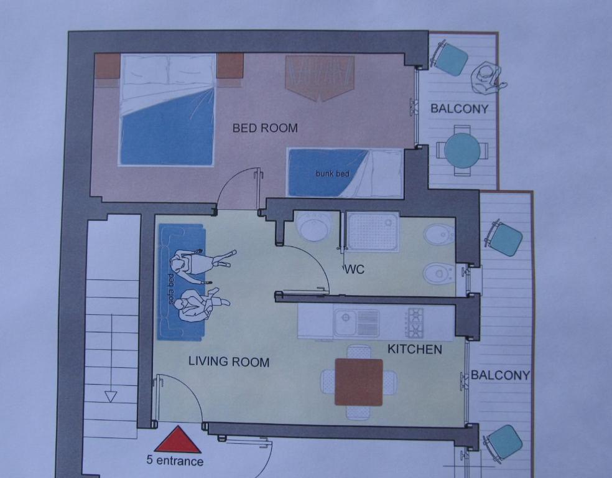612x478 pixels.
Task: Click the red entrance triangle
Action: [x=178, y=441]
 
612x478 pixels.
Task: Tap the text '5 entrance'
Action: [x=175, y=461]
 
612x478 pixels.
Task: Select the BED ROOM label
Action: [x=265, y=128]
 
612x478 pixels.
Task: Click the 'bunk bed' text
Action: [x=333, y=173]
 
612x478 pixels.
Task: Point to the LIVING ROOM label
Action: [x=229, y=361]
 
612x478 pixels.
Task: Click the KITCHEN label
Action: [x=414, y=349]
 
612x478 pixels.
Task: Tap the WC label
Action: [x=355, y=269]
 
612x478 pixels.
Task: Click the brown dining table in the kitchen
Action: [x=359, y=382]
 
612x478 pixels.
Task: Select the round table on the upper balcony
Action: [x=463, y=151]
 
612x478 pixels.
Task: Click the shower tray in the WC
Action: [x=373, y=231]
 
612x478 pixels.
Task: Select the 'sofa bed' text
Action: [x=170, y=289]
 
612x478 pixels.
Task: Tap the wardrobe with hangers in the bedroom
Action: [x=320, y=78]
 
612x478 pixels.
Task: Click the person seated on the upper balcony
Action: [x=488, y=78]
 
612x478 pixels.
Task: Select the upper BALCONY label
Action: [x=460, y=108]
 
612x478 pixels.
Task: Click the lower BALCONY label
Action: [x=501, y=375]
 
